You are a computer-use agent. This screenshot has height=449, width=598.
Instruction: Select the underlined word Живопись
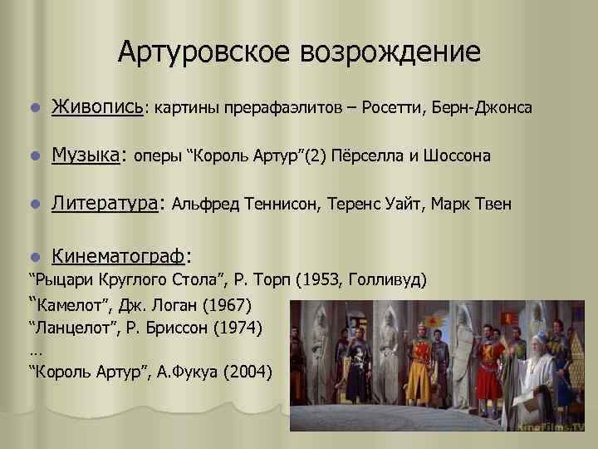97,108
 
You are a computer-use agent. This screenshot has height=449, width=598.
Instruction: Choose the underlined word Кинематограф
119,253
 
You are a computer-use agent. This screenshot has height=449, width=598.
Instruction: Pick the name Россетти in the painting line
396,109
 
